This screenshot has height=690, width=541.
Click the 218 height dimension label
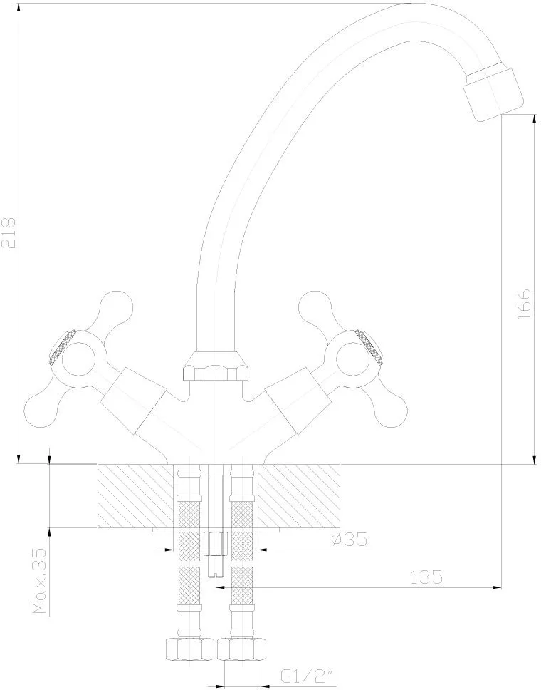pyautogui.click(x=10, y=232)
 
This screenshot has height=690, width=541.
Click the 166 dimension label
pyautogui.click(x=524, y=304)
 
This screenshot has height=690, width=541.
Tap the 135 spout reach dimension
pyautogui.click(x=426, y=577)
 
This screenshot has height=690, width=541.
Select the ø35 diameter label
pyautogui.click(x=350, y=539)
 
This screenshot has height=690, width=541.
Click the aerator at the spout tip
pyautogui.click(x=494, y=93)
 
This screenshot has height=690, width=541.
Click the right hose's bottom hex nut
pyautogui.click(x=242, y=649)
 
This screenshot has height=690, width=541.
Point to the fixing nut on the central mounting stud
pyautogui.click(x=216, y=545)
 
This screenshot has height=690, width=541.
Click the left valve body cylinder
pyautogui.click(x=134, y=401)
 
